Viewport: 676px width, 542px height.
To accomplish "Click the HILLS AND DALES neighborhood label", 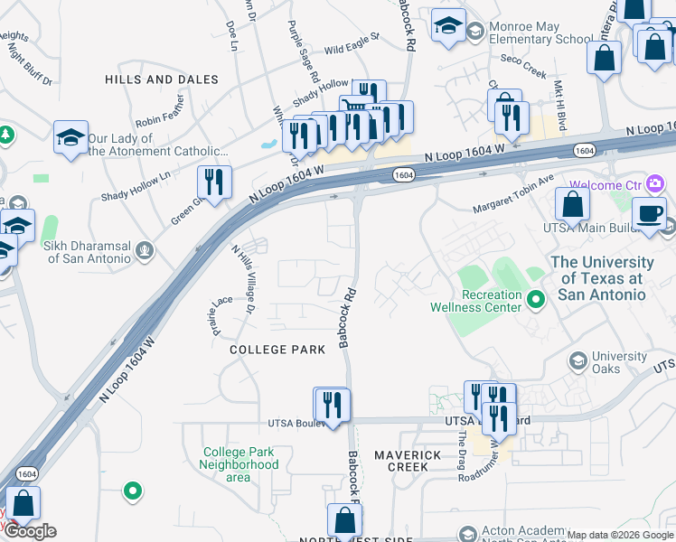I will point(161,79).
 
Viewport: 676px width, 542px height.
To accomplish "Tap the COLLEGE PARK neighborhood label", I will point(277,350).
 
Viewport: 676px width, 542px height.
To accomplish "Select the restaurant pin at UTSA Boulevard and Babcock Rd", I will point(333,406).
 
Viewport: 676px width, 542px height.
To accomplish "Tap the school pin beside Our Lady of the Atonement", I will point(70,138).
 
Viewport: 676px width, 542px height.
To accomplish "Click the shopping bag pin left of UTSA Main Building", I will point(573,205).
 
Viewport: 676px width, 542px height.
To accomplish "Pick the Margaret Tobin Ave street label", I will point(514,194).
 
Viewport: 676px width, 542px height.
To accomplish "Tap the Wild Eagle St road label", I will point(352,44).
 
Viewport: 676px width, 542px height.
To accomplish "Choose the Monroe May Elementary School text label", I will point(540,33).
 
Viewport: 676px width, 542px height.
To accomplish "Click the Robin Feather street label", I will point(159,119).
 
